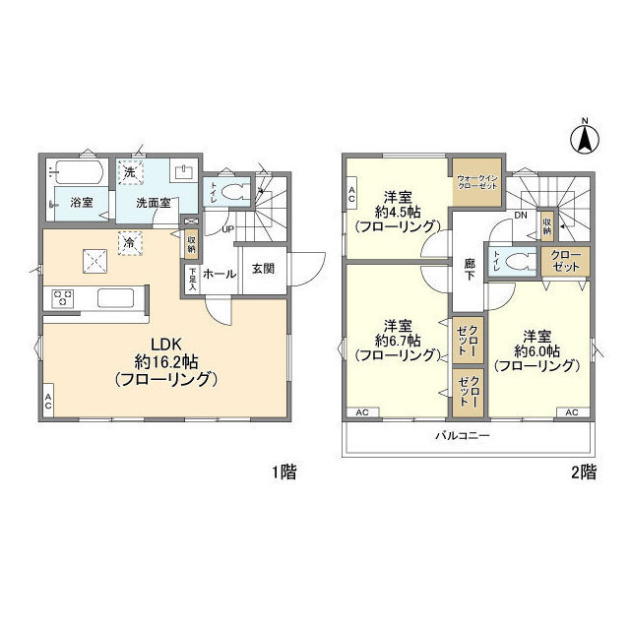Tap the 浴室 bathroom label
(81, 204)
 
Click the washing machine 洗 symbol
(129, 173)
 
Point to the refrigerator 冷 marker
(129, 240)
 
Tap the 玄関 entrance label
(262, 270)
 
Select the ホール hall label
(220, 275)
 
